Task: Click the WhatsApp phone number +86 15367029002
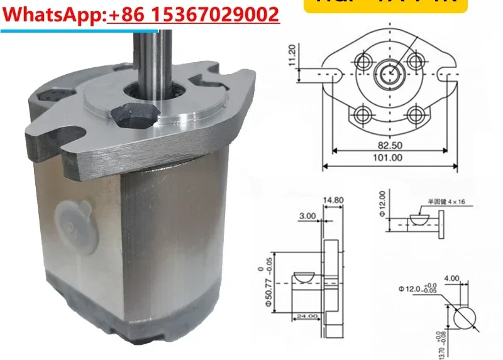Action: [194, 14]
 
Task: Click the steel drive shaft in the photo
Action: [151, 63]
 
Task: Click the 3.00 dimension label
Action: [308, 215]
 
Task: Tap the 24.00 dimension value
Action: [307, 316]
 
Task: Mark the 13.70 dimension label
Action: [440, 344]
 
